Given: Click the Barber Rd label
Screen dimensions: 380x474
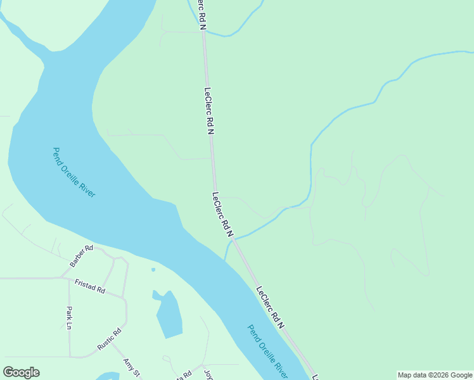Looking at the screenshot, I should coord(80,255).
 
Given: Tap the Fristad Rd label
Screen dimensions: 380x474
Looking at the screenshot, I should coord(89,287).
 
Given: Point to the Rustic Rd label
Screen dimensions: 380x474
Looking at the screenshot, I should coord(109,340).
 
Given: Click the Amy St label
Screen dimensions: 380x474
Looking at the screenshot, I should coord(131,367).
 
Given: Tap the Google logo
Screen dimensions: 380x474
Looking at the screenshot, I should coord(21,372).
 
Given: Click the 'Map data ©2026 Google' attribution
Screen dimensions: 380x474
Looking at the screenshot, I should coord(435,375).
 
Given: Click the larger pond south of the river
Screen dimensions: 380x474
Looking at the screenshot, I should coord(169,315).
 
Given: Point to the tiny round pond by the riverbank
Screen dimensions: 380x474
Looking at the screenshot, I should coord(153,270).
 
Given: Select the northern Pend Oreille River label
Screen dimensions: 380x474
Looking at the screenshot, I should coord(74,172).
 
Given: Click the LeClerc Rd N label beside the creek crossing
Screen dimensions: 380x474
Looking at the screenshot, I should coord(222,215).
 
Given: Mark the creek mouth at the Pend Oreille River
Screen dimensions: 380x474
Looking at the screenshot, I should coord(226,260).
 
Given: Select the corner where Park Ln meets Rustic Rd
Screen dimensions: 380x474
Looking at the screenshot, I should coord(70,357).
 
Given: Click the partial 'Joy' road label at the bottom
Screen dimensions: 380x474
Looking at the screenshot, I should coord(208,373).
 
